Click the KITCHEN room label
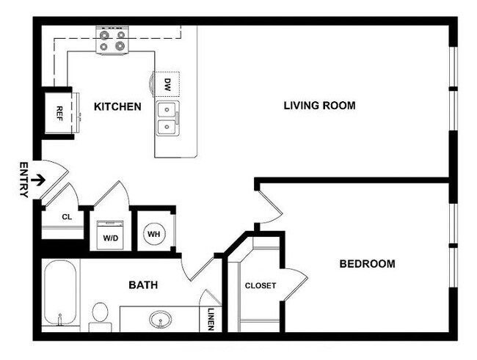click(x=117, y=107)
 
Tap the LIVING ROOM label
click(x=319, y=106)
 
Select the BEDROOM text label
click(x=367, y=264)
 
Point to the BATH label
click(x=142, y=284)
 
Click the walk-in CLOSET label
click(x=260, y=285)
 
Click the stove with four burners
click(x=112, y=40)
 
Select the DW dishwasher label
click(x=167, y=84)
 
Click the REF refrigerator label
click(x=59, y=113)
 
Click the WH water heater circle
click(x=154, y=234)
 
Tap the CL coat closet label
click(x=67, y=217)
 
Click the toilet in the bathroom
click(x=99, y=315)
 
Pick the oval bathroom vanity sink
click(x=161, y=320)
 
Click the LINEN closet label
click(x=211, y=317)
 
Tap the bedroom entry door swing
click(x=270, y=205)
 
